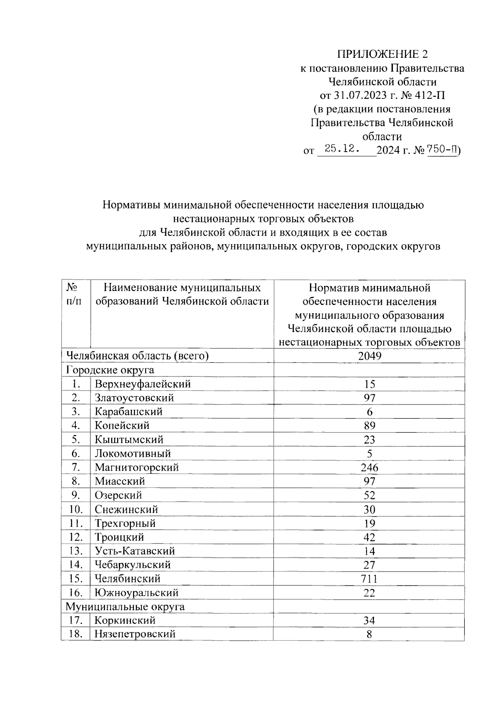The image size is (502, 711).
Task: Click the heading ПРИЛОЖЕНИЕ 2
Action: pos(383,54)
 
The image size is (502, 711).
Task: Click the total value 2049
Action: pos(369,356)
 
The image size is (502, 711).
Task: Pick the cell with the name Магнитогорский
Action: pos(137,467)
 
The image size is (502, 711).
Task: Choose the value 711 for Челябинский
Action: pos(369,579)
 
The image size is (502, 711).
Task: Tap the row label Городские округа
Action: pos(110,370)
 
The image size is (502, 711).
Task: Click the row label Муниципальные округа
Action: pos(125,606)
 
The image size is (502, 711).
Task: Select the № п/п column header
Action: pos(74,294)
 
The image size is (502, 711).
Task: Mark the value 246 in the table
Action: pos(369,467)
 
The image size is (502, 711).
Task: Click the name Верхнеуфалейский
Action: pos(143,384)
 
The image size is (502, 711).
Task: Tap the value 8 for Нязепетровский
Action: pos(369,634)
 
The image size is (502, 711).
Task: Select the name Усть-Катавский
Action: pos(135,551)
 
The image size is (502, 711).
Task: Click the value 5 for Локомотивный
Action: pos(369,453)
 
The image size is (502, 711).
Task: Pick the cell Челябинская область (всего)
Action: pos(137,356)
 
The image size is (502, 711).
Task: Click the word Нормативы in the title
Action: pos(131,205)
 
